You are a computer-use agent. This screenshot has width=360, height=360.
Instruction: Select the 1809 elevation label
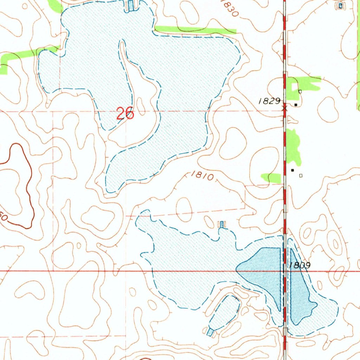pyautogui.click(x=300, y=266)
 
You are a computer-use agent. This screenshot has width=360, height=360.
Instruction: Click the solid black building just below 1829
pyautogui.click(x=296, y=104)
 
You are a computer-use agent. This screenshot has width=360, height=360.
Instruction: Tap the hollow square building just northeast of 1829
pyautogui.click(x=300, y=91)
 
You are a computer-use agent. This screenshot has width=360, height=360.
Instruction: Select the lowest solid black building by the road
pyautogui.click(x=292, y=170)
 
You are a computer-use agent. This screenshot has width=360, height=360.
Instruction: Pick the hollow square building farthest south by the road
pyautogui.click(x=300, y=175)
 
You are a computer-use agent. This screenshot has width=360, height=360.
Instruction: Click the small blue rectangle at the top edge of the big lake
pyautogui.click(x=131, y=5)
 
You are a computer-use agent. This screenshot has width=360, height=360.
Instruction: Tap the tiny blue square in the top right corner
pyautogui.click(x=340, y=5)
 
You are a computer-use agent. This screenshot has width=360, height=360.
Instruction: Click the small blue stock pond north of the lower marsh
pyautogui.click(x=222, y=224)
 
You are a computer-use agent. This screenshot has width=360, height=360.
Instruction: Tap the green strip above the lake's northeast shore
pyautogui.click(x=195, y=30)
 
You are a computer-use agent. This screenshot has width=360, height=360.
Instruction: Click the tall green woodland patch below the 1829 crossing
pyautogui.click(x=292, y=146)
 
